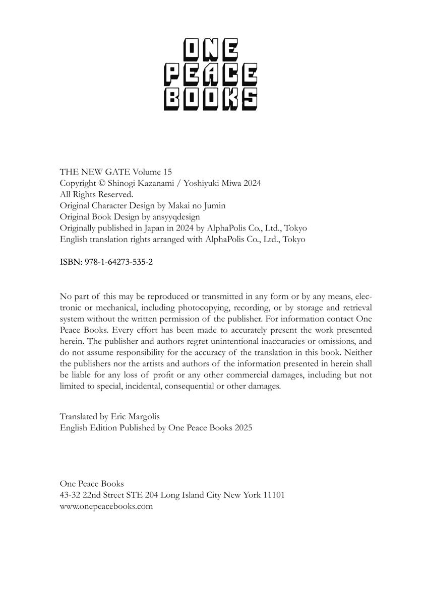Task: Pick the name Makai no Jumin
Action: (199, 205)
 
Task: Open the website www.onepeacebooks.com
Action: (106, 506)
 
